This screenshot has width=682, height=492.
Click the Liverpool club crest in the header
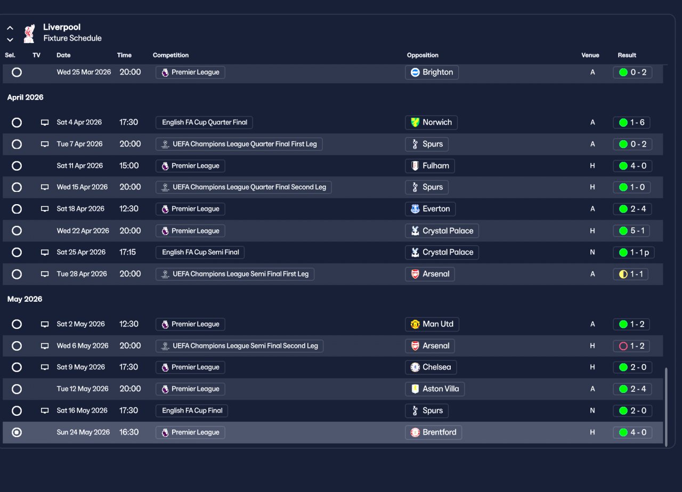(29, 33)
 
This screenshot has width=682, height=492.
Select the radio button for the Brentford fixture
(17, 432)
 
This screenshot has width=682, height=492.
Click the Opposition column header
(423, 55)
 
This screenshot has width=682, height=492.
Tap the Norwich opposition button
(431, 123)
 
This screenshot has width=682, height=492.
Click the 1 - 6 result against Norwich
(632, 123)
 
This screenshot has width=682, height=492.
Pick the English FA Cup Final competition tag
(192, 410)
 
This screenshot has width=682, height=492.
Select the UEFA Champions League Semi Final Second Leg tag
(239, 346)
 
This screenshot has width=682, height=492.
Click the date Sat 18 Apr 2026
(80, 209)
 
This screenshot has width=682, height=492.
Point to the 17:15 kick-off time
(128, 252)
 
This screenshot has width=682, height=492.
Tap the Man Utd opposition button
(432, 324)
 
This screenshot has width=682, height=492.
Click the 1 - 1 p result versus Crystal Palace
(634, 253)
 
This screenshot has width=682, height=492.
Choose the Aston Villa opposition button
(434, 389)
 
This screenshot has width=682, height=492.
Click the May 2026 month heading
(25, 299)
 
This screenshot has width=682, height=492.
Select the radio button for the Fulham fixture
(17, 166)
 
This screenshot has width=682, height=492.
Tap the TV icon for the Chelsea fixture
(45, 367)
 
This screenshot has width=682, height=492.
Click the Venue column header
(590, 55)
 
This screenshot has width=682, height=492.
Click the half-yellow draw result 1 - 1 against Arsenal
(631, 274)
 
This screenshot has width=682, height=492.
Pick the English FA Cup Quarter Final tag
(204, 123)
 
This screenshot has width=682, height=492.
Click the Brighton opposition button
(432, 72)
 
